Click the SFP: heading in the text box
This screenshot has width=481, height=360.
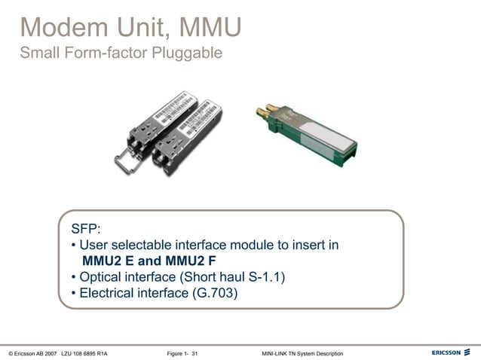coord(86,229)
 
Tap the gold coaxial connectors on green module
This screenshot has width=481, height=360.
coord(268,114)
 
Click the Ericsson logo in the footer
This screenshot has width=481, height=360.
coord(450,352)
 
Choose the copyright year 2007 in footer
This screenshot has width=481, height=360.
coord(51,353)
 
